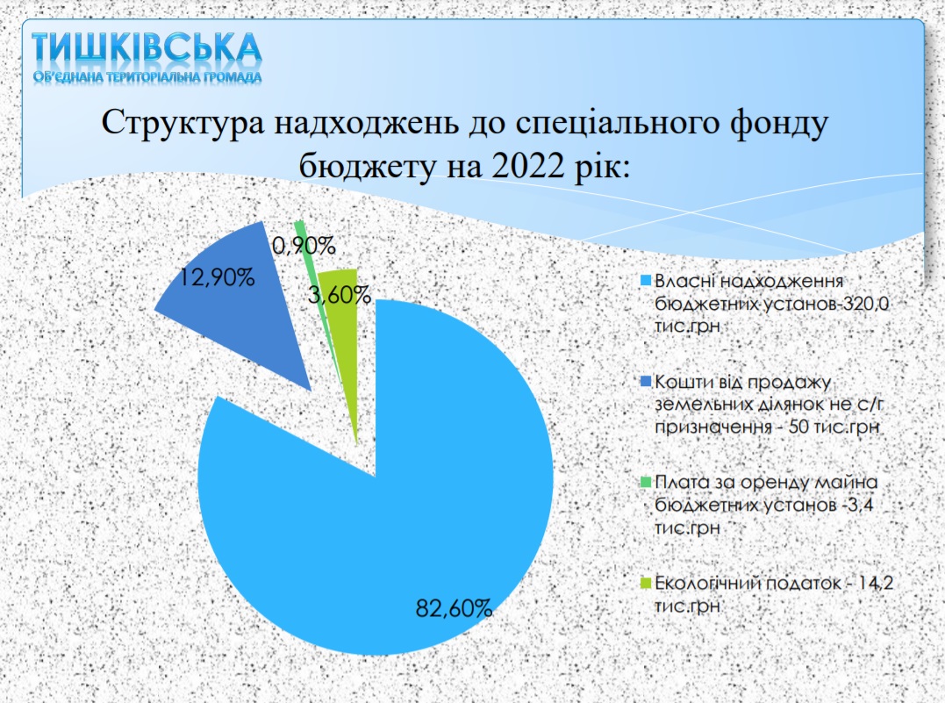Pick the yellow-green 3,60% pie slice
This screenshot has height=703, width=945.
coord(345,338)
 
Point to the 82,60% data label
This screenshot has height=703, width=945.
coord(454,608)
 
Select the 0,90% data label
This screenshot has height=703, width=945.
coord(304,246)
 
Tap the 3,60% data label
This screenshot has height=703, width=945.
coord(339,296)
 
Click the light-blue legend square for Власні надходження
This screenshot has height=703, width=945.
coord(646,281)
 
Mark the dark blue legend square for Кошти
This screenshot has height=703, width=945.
coord(646,382)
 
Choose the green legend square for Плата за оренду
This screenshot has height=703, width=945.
coord(646,483)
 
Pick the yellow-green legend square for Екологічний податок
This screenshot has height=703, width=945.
coord(646,583)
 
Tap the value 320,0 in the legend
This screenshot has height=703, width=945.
coord(865,304)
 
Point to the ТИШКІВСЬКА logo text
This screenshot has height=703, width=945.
coord(147,48)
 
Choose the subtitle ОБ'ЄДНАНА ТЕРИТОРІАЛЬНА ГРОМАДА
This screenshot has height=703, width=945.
coord(147,77)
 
